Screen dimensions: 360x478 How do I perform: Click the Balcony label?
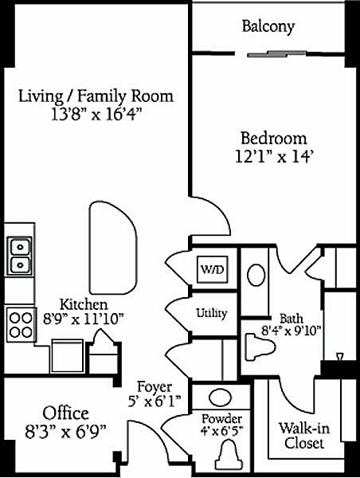click(x=268, y=26)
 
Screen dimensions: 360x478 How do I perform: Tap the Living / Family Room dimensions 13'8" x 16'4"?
click(x=96, y=116)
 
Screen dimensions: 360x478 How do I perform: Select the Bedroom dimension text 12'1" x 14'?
click(x=274, y=157)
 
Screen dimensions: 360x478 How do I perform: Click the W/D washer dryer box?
click(x=213, y=269)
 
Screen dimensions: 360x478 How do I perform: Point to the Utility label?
click(x=211, y=313)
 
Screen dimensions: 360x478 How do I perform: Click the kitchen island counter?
click(x=113, y=248)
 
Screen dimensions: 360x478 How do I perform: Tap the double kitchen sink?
click(x=19, y=256)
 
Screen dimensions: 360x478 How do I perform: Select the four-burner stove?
click(x=21, y=325)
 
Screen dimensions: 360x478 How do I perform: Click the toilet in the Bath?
click(x=260, y=347)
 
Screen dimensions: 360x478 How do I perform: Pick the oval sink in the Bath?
click(x=256, y=276)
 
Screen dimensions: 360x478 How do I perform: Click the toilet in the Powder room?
click(x=229, y=455)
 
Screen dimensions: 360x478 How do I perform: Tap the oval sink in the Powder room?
click(x=220, y=398)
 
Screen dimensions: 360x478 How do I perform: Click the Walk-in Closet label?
click(x=304, y=436)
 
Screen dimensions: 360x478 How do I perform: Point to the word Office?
click(x=65, y=413)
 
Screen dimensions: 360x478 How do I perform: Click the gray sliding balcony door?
click(x=277, y=54)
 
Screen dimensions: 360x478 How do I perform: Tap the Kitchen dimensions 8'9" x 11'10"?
click(x=83, y=319)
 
